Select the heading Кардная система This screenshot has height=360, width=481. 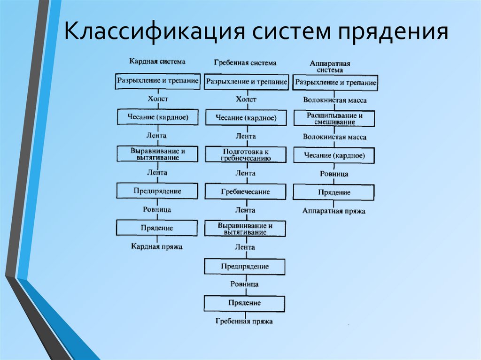(157, 61)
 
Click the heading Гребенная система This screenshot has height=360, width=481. (245, 62)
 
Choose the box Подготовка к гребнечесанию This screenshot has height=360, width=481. (245, 154)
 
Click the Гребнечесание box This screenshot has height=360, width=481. (245, 191)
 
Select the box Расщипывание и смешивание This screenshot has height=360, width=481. (334, 118)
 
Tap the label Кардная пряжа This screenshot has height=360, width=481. (156, 246)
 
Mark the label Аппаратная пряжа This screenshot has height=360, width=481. (334, 211)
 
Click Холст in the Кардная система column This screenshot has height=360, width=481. (157, 99)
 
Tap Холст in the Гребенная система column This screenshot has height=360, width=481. (246, 99)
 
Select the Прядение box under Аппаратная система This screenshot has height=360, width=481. (334, 192)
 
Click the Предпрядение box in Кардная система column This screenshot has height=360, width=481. (157, 191)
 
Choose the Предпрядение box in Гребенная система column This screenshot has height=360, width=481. (244, 267)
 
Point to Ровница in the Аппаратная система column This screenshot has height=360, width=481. (334, 174)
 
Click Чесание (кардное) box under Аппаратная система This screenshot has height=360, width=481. (334, 155)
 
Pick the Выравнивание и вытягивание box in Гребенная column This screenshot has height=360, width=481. (245, 229)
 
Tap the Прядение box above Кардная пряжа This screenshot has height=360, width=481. (157, 228)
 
